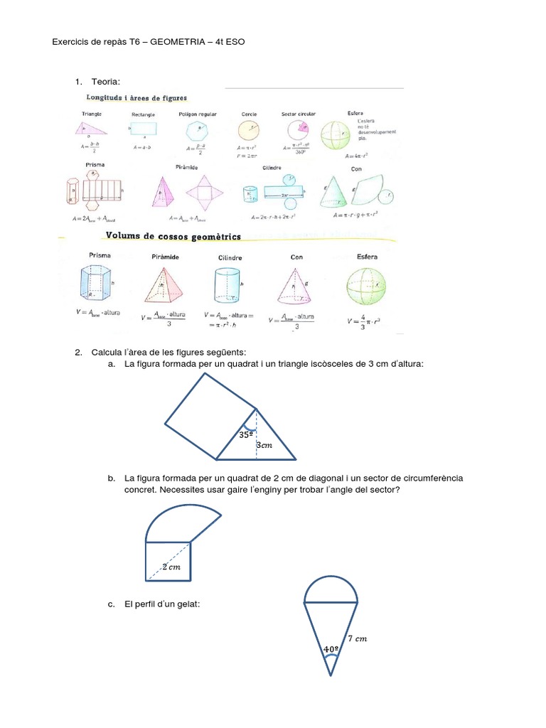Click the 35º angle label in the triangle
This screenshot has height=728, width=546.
click(246, 434)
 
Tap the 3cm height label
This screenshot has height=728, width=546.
click(264, 445)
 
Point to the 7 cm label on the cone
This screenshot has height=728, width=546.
click(358, 639)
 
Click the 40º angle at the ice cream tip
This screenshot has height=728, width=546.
click(330, 649)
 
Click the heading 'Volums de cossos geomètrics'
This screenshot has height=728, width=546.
click(173, 235)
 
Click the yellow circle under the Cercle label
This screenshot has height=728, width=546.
click(249, 131)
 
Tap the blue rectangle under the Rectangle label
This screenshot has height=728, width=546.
click(143, 129)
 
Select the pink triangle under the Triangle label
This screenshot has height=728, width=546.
click(90, 128)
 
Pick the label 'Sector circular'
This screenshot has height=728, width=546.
click(299, 114)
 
